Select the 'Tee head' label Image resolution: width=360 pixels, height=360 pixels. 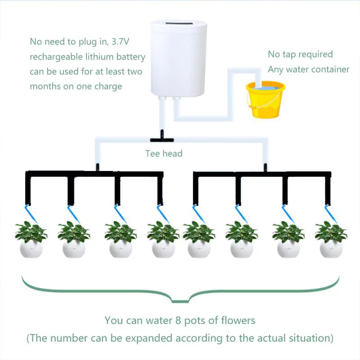coord(164,153)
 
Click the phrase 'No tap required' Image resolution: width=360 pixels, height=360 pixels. coord(300,54)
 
